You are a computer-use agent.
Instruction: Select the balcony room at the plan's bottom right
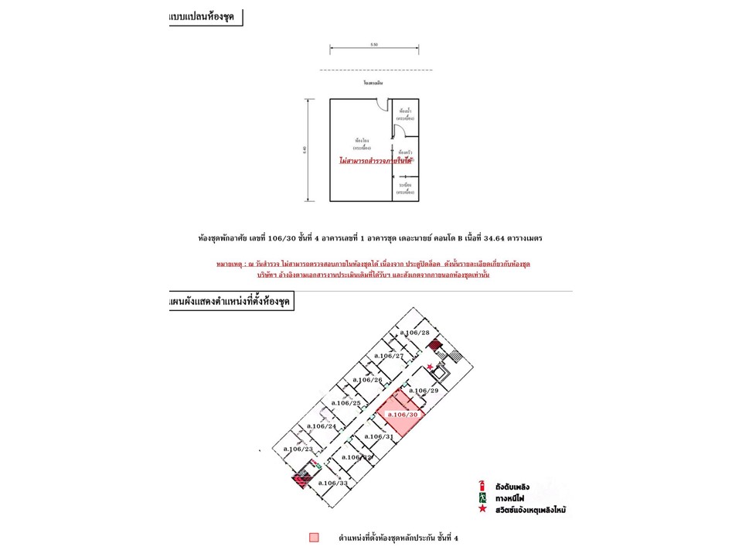(x=405, y=189)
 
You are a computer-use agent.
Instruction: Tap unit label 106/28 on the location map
(x=414, y=332)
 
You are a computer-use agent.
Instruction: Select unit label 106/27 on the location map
(x=389, y=355)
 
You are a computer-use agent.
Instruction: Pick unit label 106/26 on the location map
(x=367, y=380)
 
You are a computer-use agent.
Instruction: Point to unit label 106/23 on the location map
(x=298, y=449)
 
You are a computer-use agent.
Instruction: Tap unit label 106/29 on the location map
(x=424, y=391)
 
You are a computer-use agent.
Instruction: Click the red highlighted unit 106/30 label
(x=403, y=415)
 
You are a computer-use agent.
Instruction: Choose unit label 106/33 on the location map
(x=332, y=483)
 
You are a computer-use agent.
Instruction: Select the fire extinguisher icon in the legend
(x=482, y=485)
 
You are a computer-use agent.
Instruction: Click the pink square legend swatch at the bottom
(x=314, y=537)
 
